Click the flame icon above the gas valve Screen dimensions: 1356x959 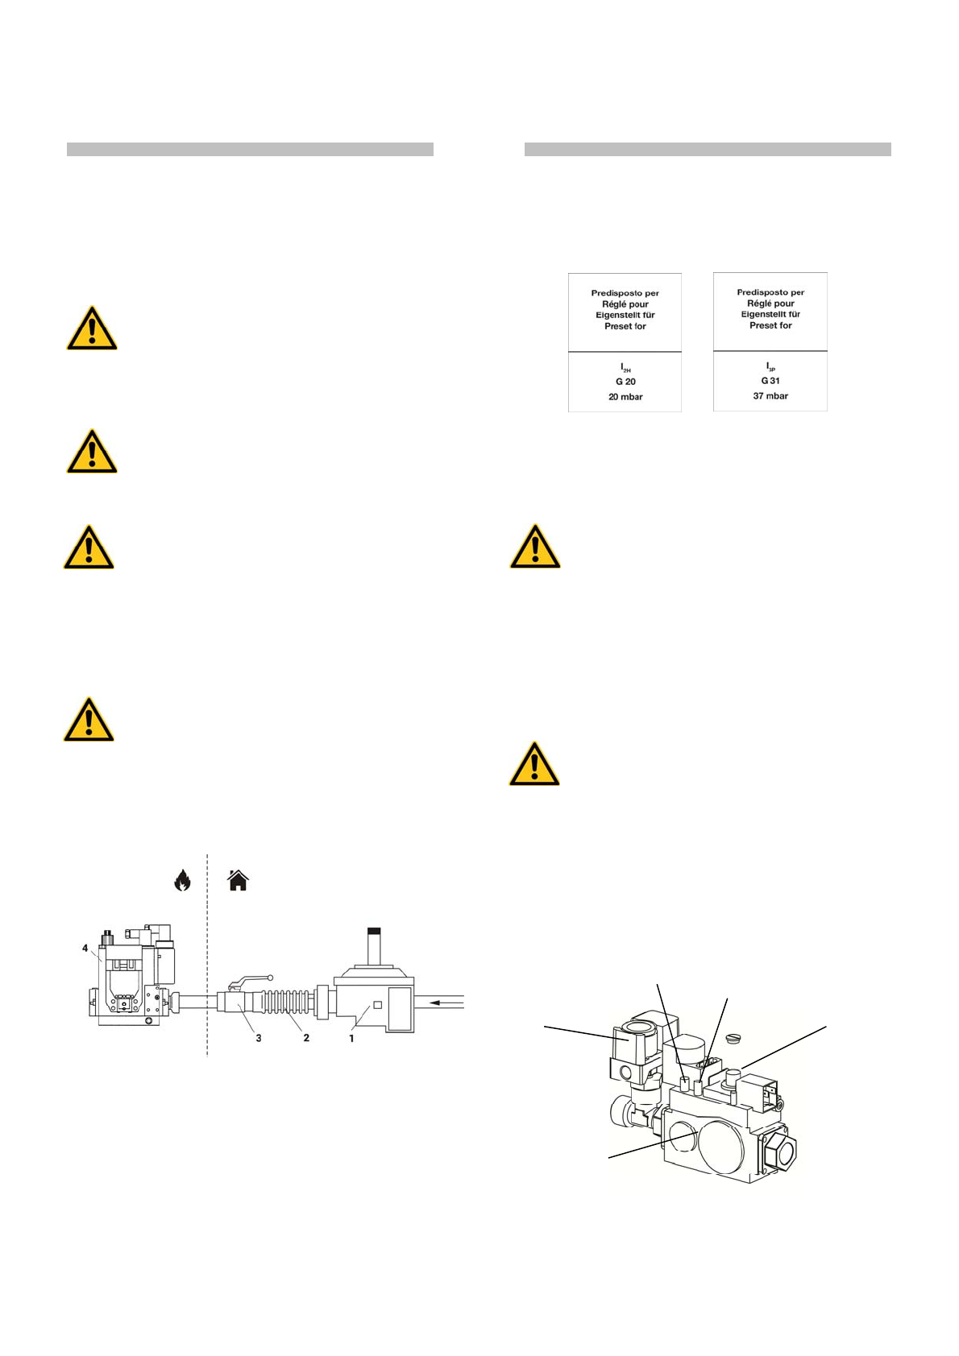click(182, 880)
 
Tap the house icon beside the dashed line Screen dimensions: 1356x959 click(238, 880)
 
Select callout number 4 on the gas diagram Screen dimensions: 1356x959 click(85, 948)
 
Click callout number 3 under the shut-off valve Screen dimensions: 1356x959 click(259, 1038)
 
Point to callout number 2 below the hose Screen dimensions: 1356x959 click(306, 1038)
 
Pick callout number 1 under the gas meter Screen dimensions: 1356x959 click(351, 1038)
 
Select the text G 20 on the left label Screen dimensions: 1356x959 click(625, 382)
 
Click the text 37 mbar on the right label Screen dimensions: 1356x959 click(770, 395)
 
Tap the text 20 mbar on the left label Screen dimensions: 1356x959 click(625, 397)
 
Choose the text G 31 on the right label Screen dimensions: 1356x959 click(770, 381)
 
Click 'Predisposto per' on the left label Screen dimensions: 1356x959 click(625, 293)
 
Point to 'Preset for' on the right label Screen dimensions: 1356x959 click(770, 325)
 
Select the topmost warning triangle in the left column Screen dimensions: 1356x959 click(92, 329)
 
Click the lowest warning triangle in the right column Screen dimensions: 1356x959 click(534, 763)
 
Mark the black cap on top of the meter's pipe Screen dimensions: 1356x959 click(373, 930)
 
